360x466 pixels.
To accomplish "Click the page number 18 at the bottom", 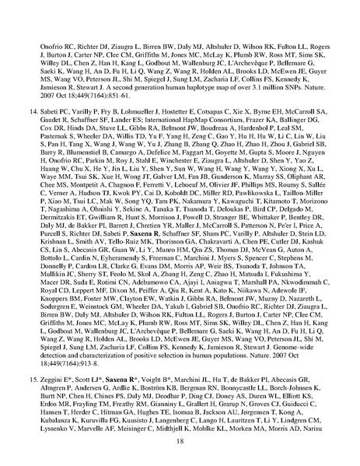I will [x=180, y=440].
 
